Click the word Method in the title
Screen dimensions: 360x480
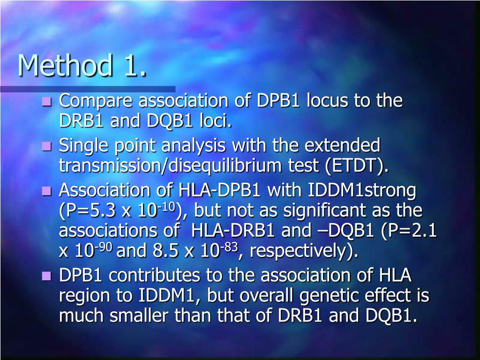pos(65,66)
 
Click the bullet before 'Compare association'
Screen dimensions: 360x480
pos(46,101)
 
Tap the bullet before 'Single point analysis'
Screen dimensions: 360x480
pos(46,147)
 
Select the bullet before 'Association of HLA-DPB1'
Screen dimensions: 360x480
pos(46,191)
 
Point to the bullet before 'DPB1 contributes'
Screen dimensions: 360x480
pos(46,276)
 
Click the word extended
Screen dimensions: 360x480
pos(342,146)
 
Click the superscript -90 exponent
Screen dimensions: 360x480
pos(105,247)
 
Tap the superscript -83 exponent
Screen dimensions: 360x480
pos(230,247)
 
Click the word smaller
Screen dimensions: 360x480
pos(140,316)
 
